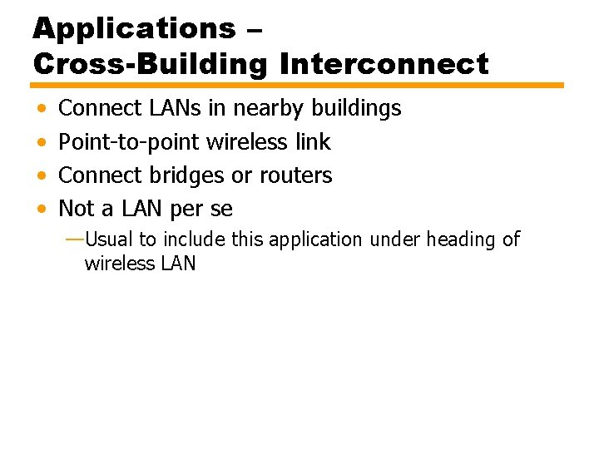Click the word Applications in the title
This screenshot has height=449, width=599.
click(135, 29)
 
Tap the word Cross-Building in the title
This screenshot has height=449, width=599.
click(150, 63)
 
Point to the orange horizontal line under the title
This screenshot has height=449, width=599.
click(297, 85)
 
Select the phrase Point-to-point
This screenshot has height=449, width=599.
click(129, 142)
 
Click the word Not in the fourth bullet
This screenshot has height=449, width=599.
click(77, 209)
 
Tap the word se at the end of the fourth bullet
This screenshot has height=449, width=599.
click(221, 210)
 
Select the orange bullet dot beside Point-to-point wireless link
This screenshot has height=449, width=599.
click(42, 143)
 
